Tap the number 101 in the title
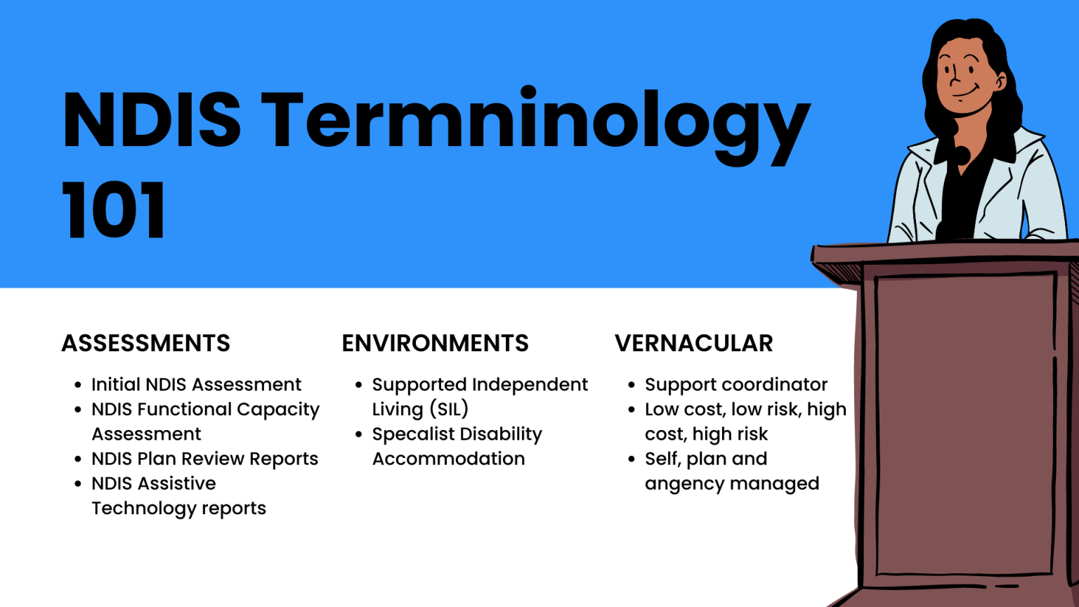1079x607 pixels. coord(114,210)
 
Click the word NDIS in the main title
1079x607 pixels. coord(152,119)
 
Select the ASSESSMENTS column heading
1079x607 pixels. coord(146,344)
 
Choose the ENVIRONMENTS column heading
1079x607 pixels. coord(435,344)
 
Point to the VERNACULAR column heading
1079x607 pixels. coord(693,344)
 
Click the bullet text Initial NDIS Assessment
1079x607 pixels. coord(197,384)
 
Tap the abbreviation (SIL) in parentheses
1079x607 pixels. coord(449,410)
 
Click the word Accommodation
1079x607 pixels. coord(448,459)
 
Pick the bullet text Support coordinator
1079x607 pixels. coord(736,385)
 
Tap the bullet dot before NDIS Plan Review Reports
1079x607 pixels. coord(78,459)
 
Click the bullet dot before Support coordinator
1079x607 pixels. coord(632,385)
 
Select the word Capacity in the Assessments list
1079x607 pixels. coord(278,410)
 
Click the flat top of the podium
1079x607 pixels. coord(945,252)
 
